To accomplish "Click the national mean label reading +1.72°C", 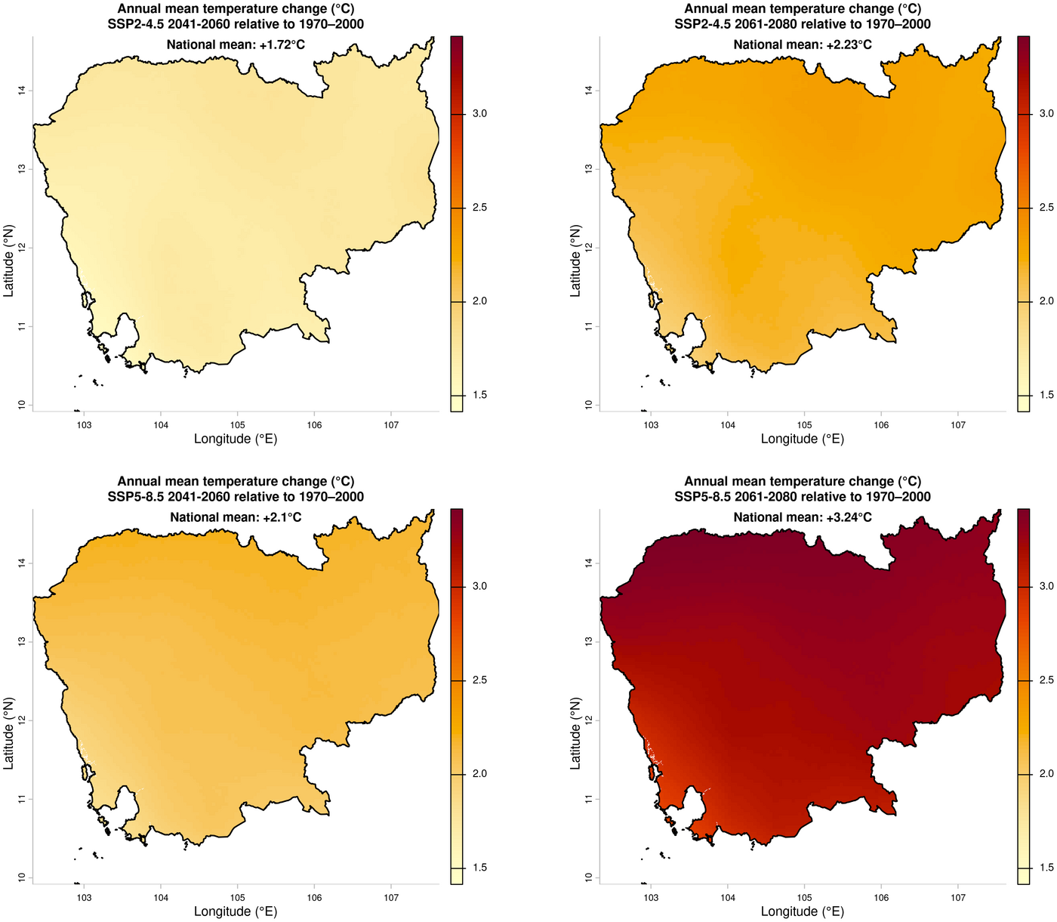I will point(236,45).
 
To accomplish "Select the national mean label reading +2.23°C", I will point(803,45).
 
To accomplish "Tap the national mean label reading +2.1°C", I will point(236,517).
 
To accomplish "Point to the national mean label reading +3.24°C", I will point(803,517).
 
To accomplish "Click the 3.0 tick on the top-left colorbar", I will point(479,114).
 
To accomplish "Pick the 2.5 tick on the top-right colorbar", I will point(1046,208).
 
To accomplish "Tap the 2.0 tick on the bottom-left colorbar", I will point(479,774).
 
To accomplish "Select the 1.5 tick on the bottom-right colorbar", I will point(1046,868).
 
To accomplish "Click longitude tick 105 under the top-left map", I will point(238,425).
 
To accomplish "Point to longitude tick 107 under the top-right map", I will point(957,425).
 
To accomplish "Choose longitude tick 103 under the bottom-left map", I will point(84,898).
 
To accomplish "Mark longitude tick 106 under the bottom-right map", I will point(881,898).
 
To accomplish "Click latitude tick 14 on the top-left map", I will point(22,91).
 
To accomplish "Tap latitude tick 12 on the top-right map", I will point(589,248).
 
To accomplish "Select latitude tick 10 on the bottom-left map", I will point(22,877).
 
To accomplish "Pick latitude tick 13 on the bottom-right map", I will point(589,642).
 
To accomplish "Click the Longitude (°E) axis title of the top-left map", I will point(236,439).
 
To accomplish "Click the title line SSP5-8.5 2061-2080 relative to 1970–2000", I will point(803,497).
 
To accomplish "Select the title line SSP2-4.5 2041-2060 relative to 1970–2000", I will point(236,24).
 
